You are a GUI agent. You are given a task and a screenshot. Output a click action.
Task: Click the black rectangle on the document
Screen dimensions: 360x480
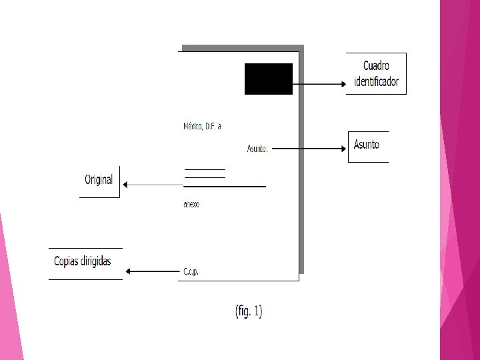268,79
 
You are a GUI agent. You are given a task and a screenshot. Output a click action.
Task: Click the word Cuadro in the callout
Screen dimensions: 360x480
376,66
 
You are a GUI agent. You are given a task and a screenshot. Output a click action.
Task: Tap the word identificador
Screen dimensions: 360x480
376,82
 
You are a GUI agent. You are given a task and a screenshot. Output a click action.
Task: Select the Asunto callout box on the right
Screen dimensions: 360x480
367,145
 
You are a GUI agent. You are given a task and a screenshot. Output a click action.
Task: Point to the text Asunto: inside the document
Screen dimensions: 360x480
257,149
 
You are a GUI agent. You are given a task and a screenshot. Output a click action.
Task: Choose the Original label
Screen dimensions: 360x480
99,180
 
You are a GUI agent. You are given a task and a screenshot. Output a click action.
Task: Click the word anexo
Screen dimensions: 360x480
191,205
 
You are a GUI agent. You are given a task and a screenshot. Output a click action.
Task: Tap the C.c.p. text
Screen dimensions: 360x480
191,272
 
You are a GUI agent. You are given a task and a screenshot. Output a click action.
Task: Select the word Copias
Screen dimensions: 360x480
67,261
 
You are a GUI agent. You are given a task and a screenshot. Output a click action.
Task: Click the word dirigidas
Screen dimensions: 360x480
95,261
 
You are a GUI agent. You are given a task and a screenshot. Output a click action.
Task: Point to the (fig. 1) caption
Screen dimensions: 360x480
249,311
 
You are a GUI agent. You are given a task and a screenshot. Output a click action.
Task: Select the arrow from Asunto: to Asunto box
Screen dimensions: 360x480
309,148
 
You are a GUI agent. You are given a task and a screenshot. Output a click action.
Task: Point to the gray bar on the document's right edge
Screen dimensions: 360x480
301,160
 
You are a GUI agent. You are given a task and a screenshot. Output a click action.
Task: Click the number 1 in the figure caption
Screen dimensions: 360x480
257,311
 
